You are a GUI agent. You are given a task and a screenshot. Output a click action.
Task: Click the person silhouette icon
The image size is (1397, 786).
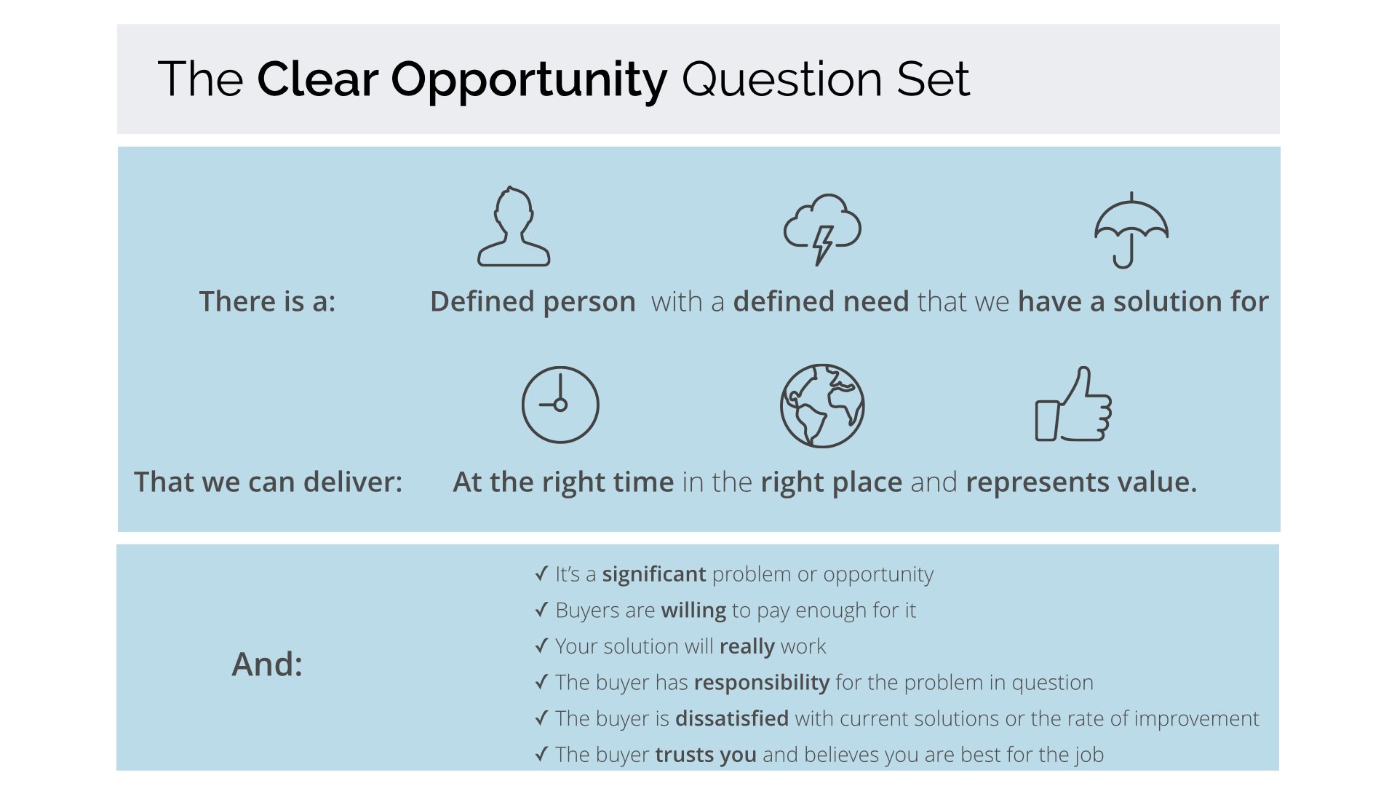pyautogui.click(x=514, y=227)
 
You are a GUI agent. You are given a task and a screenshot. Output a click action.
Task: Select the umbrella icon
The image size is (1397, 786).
pyautogui.click(x=1131, y=230)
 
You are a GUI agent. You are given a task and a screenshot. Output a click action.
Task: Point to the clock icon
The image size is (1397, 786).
pyautogui.click(x=560, y=405)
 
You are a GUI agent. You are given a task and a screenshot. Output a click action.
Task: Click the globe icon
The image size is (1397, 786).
pyautogui.click(x=822, y=405)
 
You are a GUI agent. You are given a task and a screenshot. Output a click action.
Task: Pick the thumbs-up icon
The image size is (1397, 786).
pyautogui.click(x=1074, y=405)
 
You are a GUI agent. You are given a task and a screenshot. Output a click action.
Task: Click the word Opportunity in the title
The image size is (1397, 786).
pyautogui.click(x=529, y=80)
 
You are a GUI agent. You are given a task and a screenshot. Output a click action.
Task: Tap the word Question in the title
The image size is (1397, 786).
pyautogui.click(x=782, y=80)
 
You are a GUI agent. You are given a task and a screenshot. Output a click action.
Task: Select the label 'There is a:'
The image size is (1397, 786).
pyautogui.click(x=268, y=301)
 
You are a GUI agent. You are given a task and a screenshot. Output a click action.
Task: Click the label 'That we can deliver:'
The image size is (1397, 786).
pyautogui.click(x=268, y=482)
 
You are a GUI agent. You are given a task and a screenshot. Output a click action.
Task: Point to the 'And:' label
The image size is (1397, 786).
pyautogui.click(x=267, y=664)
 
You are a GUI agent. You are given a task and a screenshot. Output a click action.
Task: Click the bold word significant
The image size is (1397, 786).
pyautogui.click(x=653, y=574)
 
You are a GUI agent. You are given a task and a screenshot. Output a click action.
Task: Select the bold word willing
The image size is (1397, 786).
pyautogui.click(x=693, y=610)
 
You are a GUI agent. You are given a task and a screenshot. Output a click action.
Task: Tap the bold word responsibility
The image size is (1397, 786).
pyautogui.click(x=761, y=683)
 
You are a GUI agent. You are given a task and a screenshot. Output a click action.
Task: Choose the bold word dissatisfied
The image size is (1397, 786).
pyautogui.click(x=731, y=718)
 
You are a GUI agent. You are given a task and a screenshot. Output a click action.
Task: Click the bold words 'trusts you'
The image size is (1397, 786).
pyautogui.click(x=706, y=755)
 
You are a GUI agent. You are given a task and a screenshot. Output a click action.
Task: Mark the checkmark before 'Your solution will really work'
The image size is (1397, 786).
pyautogui.click(x=541, y=646)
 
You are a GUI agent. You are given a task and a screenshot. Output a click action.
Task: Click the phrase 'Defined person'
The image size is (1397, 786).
pyautogui.click(x=533, y=301)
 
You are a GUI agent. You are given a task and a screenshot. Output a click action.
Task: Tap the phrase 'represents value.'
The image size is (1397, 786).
pyautogui.click(x=1081, y=482)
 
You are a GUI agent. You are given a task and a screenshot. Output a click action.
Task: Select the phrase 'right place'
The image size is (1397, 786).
pyautogui.click(x=831, y=482)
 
